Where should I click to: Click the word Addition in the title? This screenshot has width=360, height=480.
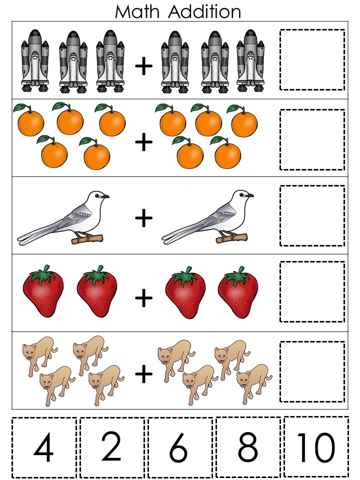click(x=205, y=11)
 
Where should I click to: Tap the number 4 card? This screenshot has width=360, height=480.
click(x=44, y=446)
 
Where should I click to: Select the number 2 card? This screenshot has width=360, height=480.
click(x=112, y=446)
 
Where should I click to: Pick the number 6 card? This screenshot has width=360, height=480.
click(x=179, y=446)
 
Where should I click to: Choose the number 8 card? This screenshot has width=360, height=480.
click(x=248, y=446)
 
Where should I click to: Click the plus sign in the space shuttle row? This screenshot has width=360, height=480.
click(x=144, y=67)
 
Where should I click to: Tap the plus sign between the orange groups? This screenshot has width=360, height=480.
click(x=144, y=143)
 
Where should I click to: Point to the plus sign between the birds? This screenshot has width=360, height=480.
click(x=144, y=217)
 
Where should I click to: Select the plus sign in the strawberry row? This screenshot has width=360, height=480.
click(x=144, y=298)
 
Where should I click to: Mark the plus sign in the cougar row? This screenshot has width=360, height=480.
click(x=144, y=372)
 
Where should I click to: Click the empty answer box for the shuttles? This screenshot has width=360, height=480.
click(x=312, y=59)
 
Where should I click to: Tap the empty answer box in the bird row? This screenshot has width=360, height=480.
click(x=312, y=215)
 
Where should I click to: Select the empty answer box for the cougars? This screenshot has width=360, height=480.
click(x=312, y=371)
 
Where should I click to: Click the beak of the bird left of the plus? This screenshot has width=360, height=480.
click(x=106, y=196)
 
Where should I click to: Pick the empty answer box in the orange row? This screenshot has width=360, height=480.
click(x=312, y=139)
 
